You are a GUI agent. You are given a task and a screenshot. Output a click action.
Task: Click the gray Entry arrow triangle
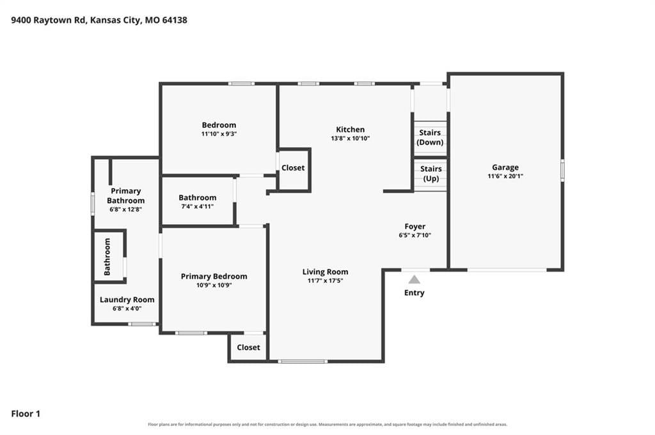click(414, 279)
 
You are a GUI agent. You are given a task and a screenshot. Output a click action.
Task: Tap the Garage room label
click(505, 167)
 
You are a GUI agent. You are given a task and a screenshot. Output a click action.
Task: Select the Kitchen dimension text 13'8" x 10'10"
click(351, 139)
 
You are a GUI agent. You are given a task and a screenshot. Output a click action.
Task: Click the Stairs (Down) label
click(430, 137)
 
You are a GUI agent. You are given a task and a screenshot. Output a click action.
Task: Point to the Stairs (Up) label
click(430, 174)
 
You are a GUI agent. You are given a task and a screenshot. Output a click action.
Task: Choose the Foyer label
click(414, 226)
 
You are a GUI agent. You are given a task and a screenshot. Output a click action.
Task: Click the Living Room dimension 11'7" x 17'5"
click(325, 280)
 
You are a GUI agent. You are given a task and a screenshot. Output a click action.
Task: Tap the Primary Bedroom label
click(214, 277)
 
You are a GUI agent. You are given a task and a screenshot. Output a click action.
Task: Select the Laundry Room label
click(127, 300)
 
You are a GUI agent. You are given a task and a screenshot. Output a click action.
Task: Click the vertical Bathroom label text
click(107, 257)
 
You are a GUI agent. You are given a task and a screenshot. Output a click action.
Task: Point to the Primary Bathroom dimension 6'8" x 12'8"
click(126, 210)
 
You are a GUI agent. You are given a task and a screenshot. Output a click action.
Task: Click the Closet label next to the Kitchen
click(293, 167)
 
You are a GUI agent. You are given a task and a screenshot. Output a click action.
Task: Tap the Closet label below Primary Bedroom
click(248, 347)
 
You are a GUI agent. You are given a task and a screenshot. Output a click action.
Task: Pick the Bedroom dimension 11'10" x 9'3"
click(219, 134)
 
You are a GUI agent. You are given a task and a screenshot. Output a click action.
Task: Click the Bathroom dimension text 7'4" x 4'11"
click(198, 206)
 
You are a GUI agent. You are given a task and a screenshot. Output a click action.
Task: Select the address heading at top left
click(99, 20)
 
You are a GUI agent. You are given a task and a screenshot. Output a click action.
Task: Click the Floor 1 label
click(26, 414)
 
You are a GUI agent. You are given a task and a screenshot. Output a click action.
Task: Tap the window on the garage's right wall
click(562, 170)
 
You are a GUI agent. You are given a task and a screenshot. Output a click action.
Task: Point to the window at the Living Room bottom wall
click(303, 361)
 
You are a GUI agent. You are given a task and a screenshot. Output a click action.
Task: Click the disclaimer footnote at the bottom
click(327, 425)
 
